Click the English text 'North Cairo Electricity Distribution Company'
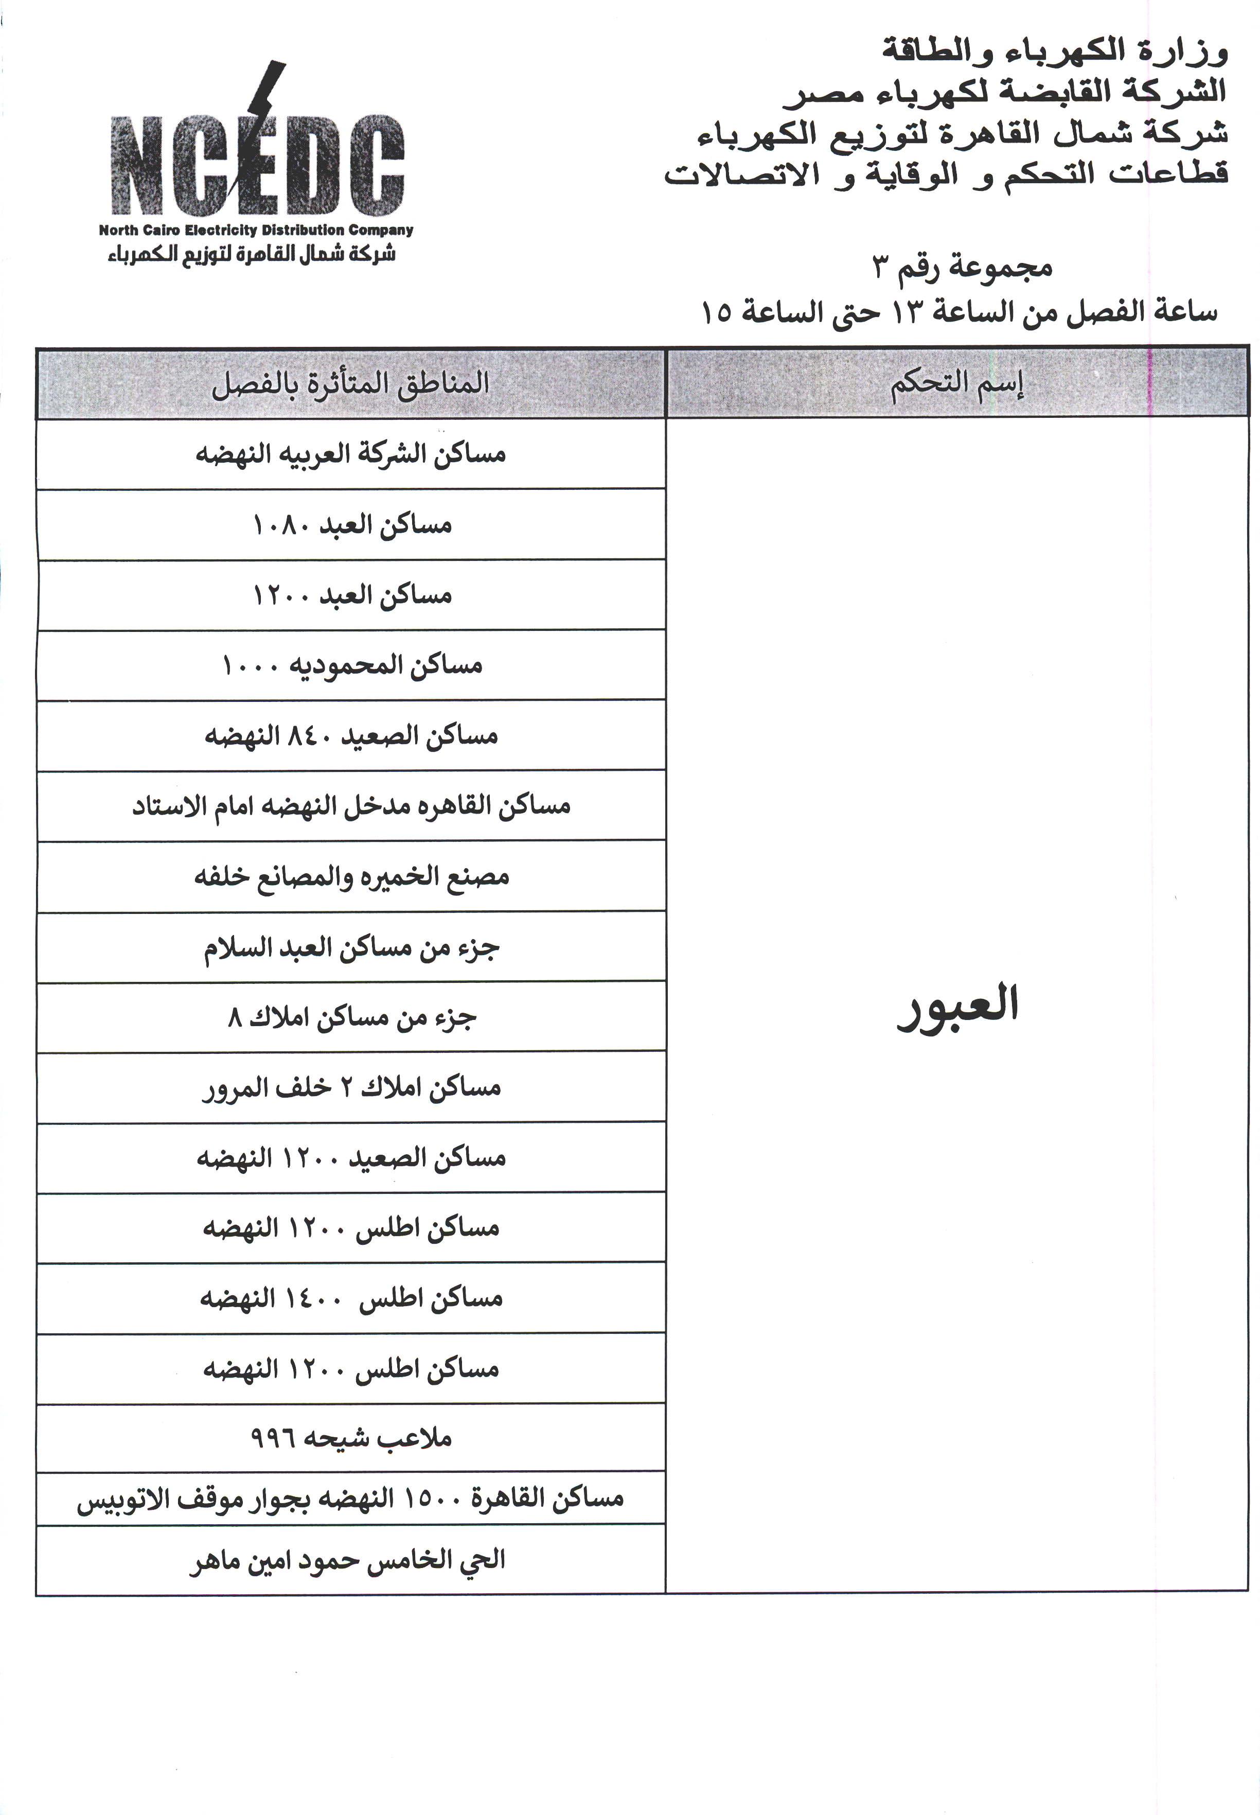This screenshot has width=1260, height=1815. point(256,231)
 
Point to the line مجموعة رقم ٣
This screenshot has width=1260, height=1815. point(963,268)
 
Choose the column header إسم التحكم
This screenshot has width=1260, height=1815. point(957,384)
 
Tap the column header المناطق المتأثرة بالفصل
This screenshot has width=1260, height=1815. point(350,384)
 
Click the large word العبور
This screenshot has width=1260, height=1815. point(957,1005)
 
